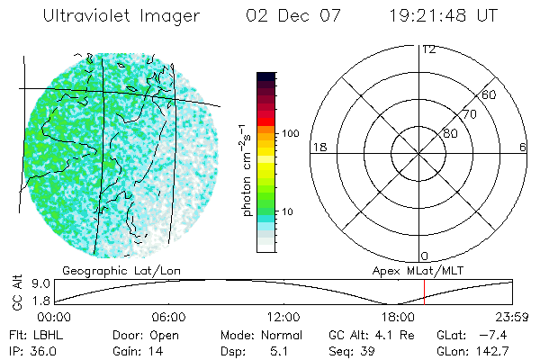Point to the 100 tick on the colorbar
290,133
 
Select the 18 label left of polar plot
318,147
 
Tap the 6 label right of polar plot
524,147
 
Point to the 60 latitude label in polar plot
490,94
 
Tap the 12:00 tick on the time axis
284,317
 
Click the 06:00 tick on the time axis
169,317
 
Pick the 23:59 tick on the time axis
514,317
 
